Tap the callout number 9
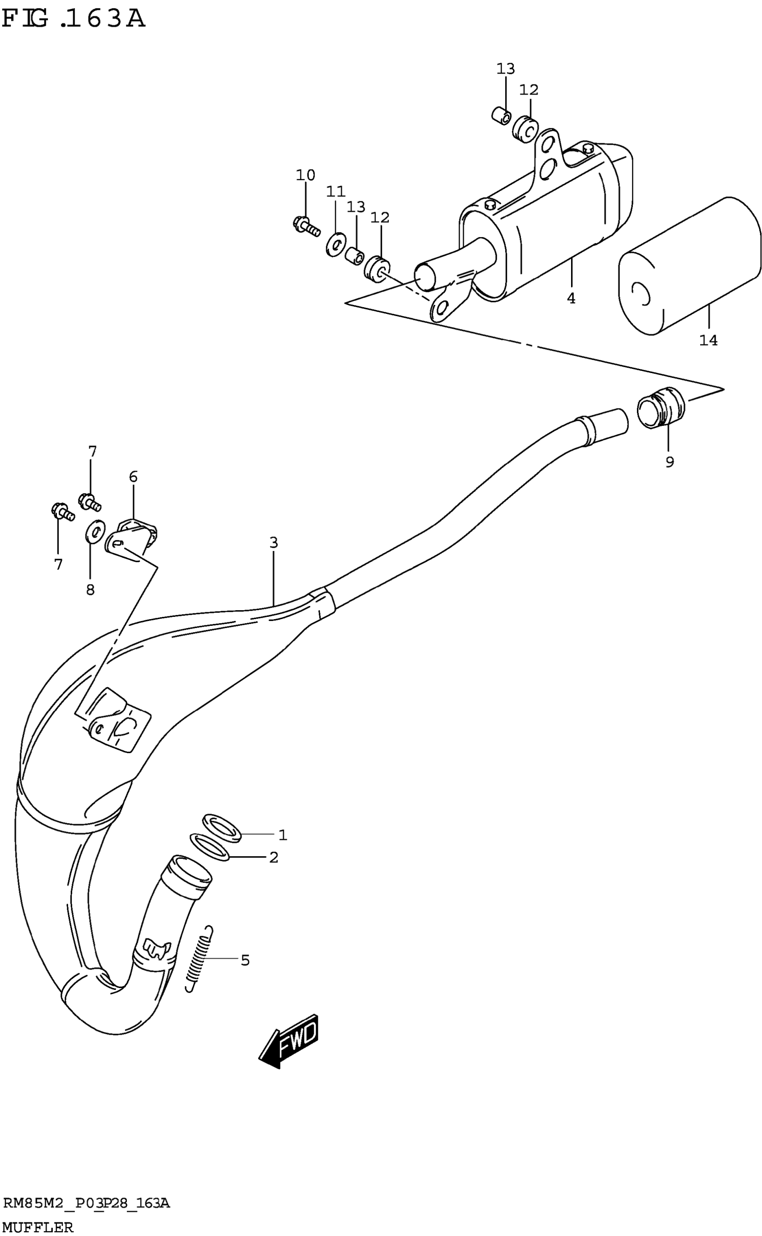pos(669,462)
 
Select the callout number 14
pos(708,340)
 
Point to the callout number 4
pos(571,299)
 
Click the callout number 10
pos(305,175)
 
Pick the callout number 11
pos(336,191)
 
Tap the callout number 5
pos(245,960)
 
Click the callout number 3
pos(273,542)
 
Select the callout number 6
pos(133,477)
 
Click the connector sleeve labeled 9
pos(661,408)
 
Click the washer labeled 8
pos(95,531)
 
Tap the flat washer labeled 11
pos(335,244)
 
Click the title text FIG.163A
pos(74,19)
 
